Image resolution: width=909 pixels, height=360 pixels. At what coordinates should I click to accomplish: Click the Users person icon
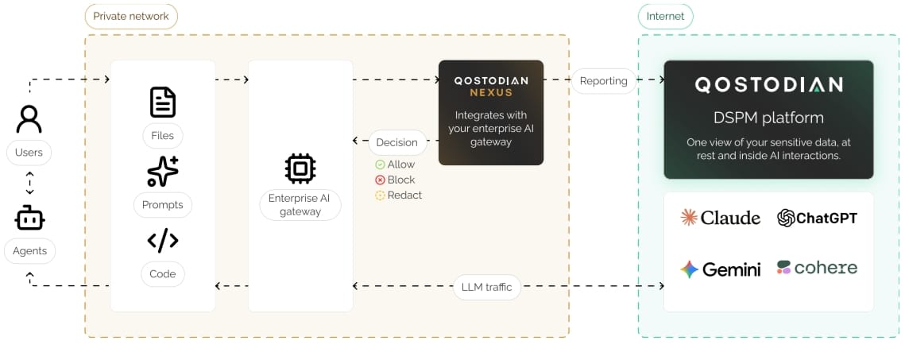29,119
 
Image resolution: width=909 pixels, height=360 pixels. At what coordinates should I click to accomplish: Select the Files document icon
163,102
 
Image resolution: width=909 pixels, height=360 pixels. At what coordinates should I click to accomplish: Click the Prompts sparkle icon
163,172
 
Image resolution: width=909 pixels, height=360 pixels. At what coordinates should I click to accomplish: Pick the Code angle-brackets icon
163,240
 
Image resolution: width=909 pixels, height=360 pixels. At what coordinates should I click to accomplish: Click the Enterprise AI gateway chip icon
300,168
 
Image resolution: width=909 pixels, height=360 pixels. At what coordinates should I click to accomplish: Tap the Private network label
131,16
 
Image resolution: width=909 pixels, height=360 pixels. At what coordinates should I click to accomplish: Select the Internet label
666,16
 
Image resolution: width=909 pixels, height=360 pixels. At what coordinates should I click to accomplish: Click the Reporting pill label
604,81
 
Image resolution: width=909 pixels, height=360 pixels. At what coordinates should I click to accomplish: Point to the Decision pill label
397,142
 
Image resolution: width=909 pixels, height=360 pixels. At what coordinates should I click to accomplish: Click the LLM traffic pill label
487,287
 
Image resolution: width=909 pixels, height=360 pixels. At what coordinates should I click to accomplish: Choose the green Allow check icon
381,165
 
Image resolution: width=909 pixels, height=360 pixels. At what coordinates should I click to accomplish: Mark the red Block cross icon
381,180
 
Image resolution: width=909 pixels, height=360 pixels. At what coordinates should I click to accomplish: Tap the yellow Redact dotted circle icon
381,196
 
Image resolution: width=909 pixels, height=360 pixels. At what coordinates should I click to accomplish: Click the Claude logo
721,218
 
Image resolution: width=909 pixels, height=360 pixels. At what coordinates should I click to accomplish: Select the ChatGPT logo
817,218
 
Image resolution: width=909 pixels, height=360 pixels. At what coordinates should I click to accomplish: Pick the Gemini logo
721,269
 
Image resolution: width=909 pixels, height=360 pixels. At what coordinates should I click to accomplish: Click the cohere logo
817,268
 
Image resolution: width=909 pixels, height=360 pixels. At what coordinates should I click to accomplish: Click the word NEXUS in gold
491,93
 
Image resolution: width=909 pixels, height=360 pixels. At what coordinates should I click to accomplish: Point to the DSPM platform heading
768,118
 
